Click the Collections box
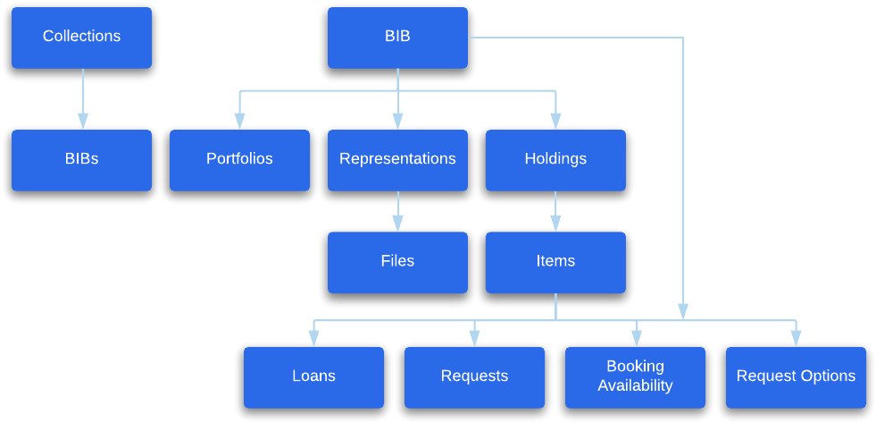81,38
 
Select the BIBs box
81,160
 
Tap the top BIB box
397,38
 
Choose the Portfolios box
239,160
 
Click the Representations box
397,160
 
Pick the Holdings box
555,160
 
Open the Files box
397,262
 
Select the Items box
555,262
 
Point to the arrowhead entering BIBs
83,121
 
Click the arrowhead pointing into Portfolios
239,121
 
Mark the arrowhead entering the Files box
397,223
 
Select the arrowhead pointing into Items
555,223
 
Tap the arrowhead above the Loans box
313,338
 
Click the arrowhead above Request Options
796,338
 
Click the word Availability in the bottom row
635,386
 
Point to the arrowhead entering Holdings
555,121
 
